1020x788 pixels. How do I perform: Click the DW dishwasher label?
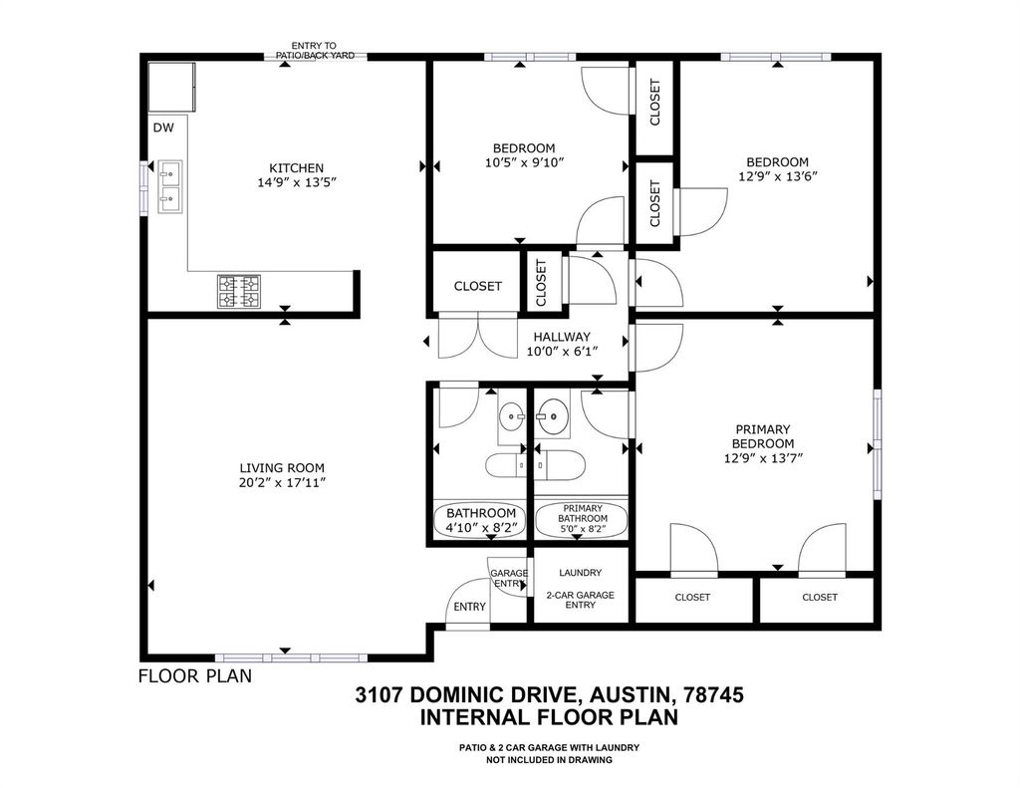[x=163, y=129]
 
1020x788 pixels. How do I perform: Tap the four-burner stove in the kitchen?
[x=239, y=292]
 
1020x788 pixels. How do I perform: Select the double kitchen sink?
[x=169, y=186]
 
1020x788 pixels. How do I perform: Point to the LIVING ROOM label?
[x=282, y=468]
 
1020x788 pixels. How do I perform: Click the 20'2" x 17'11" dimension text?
[x=282, y=483]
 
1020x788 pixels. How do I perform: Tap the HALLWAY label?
[x=562, y=337]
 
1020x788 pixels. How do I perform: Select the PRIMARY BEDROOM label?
[x=762, y=436]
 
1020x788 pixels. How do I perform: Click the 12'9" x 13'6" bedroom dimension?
[x=777, y=176]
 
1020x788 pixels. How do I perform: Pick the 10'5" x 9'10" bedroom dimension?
[x=524, y=162]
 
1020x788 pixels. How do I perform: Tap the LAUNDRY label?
[x=581, y=573]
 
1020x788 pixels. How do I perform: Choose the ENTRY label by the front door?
[x=470, y=607]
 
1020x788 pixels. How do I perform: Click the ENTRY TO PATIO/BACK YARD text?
[x=315, y=51]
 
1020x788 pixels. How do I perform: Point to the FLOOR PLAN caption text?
[x=195, y=676]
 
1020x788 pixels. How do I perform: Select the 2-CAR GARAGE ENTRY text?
[x=581, y=600]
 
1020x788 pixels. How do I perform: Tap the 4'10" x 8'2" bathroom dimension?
[x=481, y=528]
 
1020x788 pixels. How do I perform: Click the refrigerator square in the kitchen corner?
[x=172, y=88]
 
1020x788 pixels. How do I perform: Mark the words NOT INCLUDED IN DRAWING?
[x=549, y=759]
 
